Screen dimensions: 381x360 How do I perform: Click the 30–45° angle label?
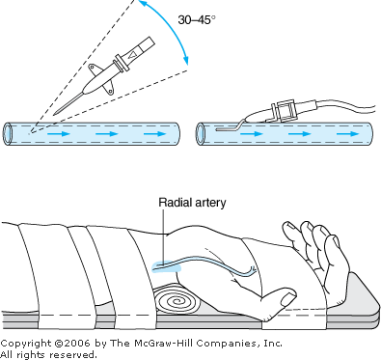coord(197,20)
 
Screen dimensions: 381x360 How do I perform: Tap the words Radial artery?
coord(192,203)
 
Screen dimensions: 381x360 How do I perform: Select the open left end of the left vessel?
coord(8,133)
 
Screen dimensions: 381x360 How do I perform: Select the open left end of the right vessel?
coord(201,133)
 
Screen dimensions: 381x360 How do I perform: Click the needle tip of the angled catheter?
coord(55,114)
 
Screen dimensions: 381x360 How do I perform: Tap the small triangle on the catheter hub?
coord(131,56)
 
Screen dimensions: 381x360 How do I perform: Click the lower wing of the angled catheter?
coord(109,89)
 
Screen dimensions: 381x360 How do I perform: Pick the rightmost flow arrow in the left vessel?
coord(155,133)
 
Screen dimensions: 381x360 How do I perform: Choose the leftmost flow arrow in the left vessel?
coord(59,133)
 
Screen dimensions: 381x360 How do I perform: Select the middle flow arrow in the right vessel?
coord(300,133)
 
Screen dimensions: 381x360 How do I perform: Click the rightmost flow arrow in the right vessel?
coord(348,133)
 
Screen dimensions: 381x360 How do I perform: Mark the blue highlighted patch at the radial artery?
coord(167,266)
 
